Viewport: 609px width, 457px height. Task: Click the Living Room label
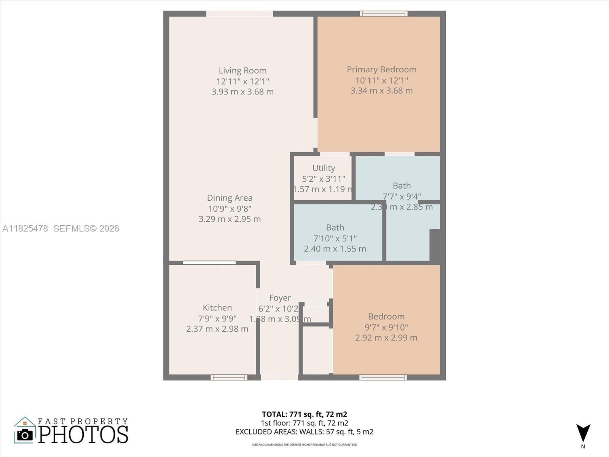(242, 70)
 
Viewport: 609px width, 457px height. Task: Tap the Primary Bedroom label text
(381, 69)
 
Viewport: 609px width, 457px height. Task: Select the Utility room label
(324, 168)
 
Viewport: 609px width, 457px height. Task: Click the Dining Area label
(230, 198)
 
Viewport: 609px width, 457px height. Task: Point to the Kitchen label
(217, 308)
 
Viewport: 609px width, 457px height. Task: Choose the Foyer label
(280, 298)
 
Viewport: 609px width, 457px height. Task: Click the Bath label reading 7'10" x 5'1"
(335, 238)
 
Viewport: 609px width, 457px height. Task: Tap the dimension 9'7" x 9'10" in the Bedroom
(386, 327)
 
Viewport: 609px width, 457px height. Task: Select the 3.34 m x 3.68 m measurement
(381, 91)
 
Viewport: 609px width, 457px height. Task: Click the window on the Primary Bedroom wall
(384, 14)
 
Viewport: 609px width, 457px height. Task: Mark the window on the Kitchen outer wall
(229, 377)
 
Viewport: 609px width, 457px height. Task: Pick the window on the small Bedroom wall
(383, 377)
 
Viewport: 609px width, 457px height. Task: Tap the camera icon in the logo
(25, 435)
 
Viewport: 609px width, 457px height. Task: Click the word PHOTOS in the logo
(83, 434)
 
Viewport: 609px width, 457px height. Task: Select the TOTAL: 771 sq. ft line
(304, 414)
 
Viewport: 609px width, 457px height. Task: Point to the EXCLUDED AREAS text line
(304, 431)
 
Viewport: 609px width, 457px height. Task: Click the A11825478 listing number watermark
(25, 228)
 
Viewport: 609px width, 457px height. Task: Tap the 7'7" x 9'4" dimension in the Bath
(402, 197)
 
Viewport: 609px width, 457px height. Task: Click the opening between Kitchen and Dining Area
(209, 263)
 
